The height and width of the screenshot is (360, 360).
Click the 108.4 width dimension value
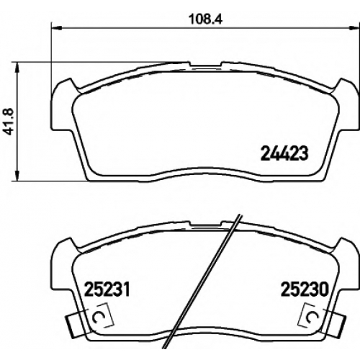206,19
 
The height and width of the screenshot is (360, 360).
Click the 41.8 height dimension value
9,122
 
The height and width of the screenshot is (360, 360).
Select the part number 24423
284,153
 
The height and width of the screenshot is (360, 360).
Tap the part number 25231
107,289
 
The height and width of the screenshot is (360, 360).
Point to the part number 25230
305,289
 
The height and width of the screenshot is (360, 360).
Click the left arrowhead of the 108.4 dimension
57,29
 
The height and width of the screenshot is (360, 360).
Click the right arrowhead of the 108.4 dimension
354,29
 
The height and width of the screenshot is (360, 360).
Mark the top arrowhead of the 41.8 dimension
17,68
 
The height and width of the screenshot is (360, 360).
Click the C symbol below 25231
97,318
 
